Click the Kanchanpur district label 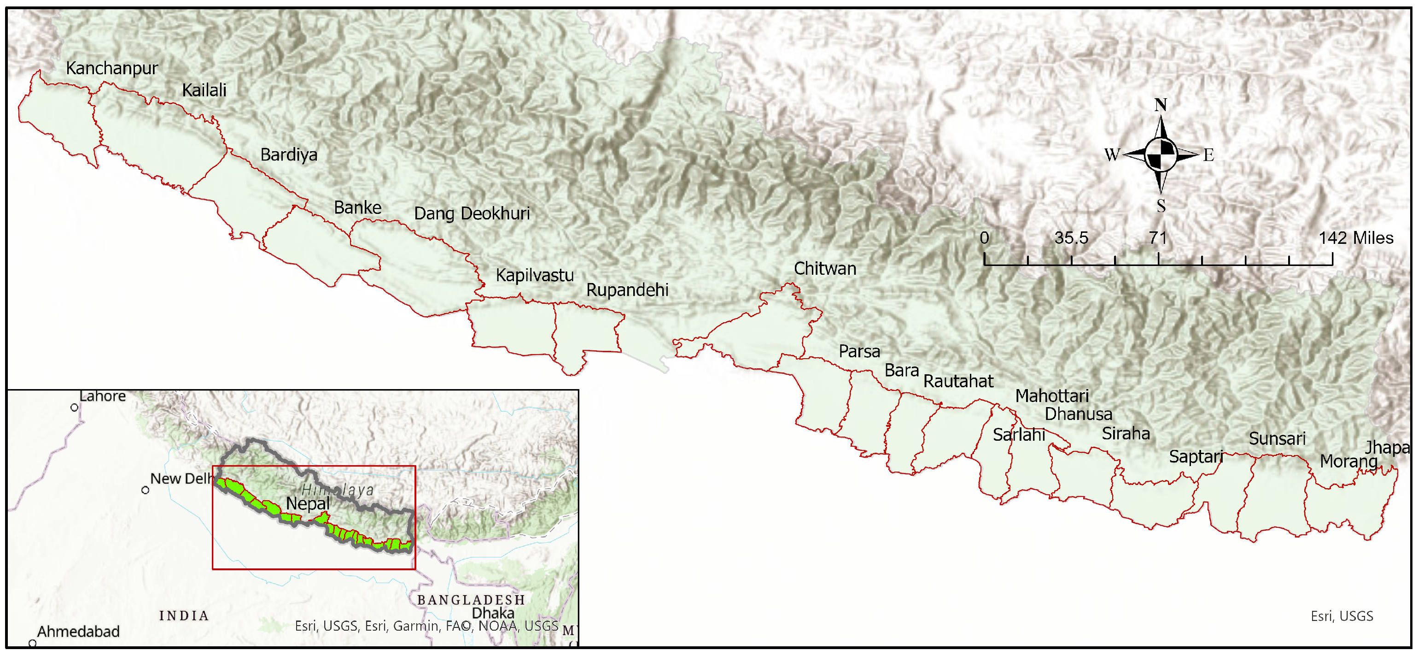112,68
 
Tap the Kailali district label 204,90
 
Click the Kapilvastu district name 535,275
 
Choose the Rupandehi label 627,290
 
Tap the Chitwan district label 825,269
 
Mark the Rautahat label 958,381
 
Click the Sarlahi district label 1019,435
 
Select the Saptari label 1196,456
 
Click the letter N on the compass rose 1161,105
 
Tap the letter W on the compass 1112,155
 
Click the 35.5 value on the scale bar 1071,238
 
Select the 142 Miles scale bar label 1356,238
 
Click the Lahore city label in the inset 102,396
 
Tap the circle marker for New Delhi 146,490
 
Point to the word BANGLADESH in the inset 471,600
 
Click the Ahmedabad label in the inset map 78,631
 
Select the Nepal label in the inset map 308,503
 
